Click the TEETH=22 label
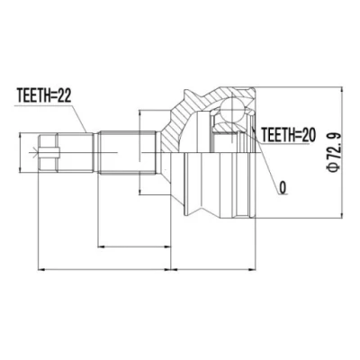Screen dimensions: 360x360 pyautogui.click(x=44, y=96)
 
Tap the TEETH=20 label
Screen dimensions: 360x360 pyautogui.click(x=289, y=135)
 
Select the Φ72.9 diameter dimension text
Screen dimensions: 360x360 pyautogui.click(x=334, y=152)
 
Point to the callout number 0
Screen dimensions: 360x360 pyautogui.click(x=283, y=187)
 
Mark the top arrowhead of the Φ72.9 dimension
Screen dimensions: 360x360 pyautogui.click(x=342, y=91)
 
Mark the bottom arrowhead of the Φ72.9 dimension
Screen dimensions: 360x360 pyautogui.click(x=342, y=213)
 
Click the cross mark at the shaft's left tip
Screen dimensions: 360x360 pyautogui.click(x=36, y=153)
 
